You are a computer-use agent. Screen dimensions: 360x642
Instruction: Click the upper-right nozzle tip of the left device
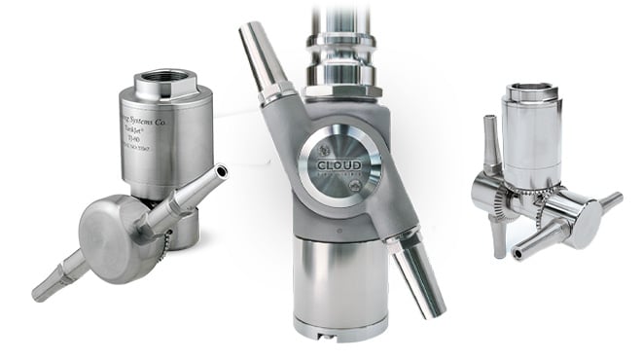(x=223, y=172)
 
